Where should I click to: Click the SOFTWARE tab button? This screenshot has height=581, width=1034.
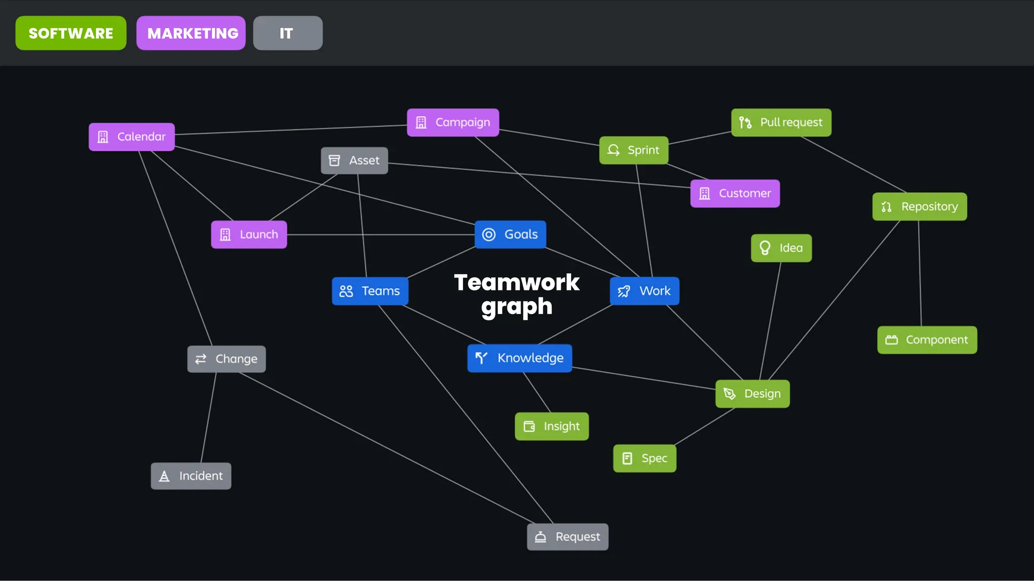pos(71,33)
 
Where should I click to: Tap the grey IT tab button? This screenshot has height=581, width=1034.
pos(287,33)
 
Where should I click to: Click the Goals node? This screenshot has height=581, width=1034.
pos(510,235)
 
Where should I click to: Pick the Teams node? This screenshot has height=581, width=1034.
pos(370,291)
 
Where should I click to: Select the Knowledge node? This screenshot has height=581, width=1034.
pos(520,358)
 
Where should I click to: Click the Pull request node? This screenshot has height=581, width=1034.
pos(781,123)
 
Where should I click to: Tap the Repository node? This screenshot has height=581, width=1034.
pos(919,207)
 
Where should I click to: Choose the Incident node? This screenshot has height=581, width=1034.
pos(191,476)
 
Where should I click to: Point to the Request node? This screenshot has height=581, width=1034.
pos(567,537)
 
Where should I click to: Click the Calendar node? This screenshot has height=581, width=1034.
pos(132,137)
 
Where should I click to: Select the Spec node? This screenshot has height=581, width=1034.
pos(645,458)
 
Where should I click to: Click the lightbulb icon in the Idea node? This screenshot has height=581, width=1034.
pos(765,248)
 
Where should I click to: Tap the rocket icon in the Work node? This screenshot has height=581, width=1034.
pos(624,291)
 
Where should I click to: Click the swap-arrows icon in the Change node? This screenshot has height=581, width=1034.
pos(201,359)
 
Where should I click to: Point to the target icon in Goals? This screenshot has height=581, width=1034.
pos(489,235)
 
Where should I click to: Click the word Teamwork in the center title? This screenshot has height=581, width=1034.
pos(516,282)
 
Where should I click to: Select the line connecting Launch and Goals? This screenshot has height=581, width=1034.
pos(379,235)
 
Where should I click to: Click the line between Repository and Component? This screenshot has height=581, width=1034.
pos(920,272)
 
